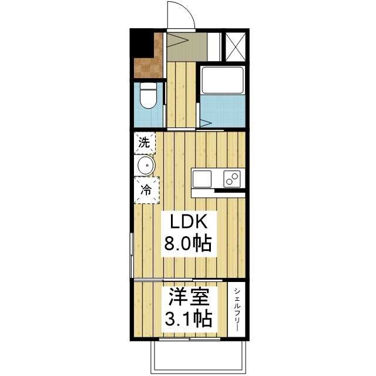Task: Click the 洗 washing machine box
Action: (x=144, y=142)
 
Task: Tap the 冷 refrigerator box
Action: (x=145, y=190)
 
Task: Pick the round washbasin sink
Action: (x=145, y=166)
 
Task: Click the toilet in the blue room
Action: (x=149, y=98)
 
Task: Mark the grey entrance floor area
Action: (x=187, y=46)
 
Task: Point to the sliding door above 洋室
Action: (x=176, y=279)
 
